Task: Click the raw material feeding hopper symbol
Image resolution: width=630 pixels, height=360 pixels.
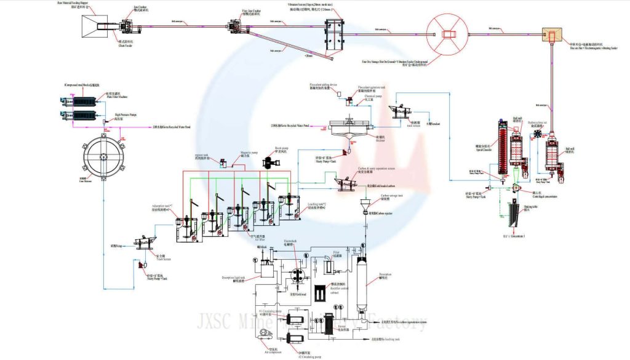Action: click(94, 25)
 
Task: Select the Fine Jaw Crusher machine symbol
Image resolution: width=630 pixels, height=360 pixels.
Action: click(236, 26)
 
